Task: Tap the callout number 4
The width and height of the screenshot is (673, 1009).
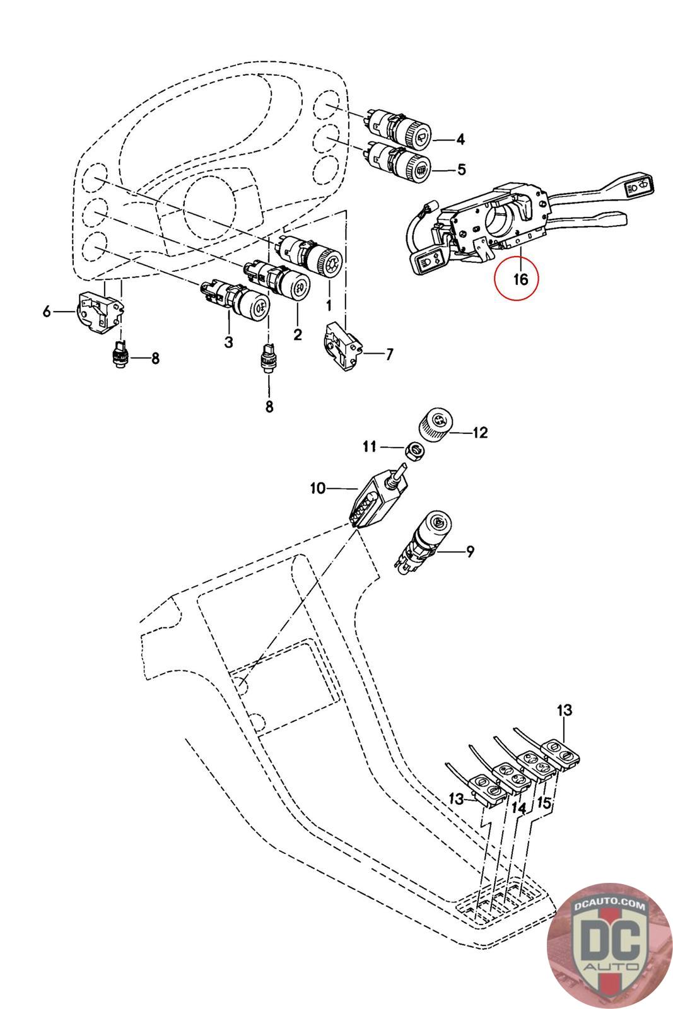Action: (x=460, y=139)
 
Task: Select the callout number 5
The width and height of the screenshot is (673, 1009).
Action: (x=461, y=169)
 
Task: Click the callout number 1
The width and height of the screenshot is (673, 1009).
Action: (x=328, y=306)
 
